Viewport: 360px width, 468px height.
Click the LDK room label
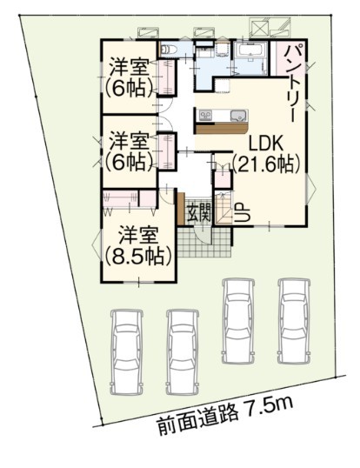click(x=265, y=144)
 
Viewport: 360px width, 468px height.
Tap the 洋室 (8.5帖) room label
click(x=138, y=246)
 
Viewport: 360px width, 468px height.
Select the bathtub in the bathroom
click(x=251, y=49)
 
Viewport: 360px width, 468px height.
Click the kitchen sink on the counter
click(x=239, y=115)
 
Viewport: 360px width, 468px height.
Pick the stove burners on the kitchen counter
click(x=205, y=115)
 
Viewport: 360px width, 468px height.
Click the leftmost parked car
click(x=126, y=352)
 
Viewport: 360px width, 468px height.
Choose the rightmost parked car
click(x=294, y=321)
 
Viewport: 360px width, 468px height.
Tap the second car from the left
click(x=183, y=352)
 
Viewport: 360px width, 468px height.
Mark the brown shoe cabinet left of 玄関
click(x=181, y=209)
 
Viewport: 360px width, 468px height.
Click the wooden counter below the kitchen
click(x=222, y=129)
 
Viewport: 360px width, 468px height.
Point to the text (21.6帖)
click(x=266, y=164)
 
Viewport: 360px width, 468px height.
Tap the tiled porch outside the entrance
click(x=206, y=243)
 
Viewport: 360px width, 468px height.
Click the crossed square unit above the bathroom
click(x=259, y=29)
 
